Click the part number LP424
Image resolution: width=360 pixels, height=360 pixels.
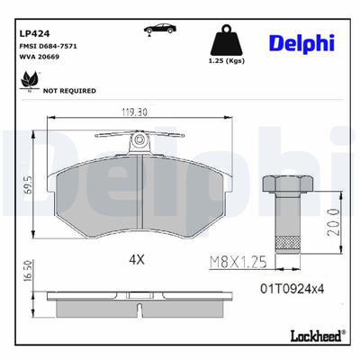[x=31, y=33]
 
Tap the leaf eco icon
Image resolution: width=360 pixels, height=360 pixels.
[x=26, y=86]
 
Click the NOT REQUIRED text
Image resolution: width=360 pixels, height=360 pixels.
[x=71, y=91]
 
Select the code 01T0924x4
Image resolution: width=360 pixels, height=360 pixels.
[x=291, y=290]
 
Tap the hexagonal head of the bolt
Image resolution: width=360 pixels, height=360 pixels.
[x=286, y=185]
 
